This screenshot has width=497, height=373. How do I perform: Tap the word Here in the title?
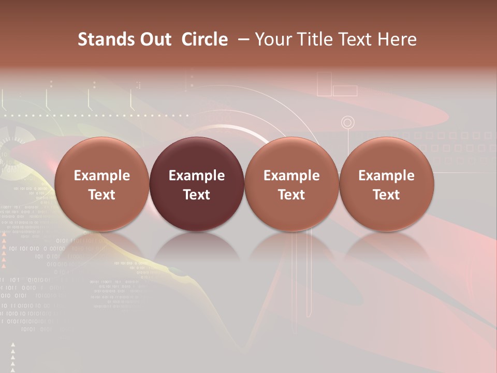click(398, 39)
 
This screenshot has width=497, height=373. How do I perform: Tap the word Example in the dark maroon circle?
click(197, 176)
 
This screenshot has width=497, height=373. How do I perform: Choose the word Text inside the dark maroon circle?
click(197, 195)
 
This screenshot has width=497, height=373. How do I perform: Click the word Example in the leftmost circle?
click(101, 176)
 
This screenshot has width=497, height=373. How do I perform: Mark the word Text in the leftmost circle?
click(101, 195)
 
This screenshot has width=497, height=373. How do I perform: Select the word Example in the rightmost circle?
click(386, 176)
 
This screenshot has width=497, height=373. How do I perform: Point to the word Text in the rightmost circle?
click(386, 195)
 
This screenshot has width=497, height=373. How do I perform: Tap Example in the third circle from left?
click(291, 176)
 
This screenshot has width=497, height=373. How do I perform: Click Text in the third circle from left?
click(291, 195)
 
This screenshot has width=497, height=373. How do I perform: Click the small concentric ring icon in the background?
click(348, 123)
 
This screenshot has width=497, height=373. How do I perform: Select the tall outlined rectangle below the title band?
click(324, 84)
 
